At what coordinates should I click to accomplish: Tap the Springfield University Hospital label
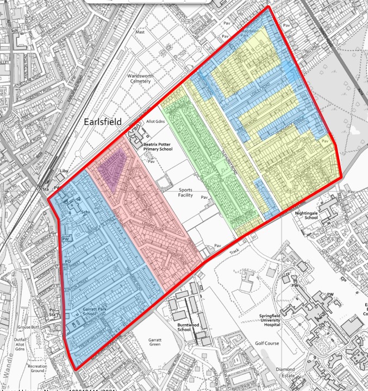click(x=265, y=320)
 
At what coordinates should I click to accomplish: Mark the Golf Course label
click(x=267, y=343)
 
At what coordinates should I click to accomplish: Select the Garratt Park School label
click(x=82, y=311)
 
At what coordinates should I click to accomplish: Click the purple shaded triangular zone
click(x=112, y=166)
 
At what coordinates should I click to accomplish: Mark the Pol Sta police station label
click(x=53, y=311)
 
